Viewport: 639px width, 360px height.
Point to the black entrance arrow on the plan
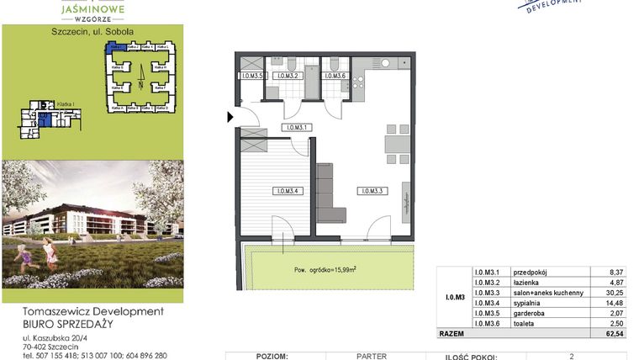230,118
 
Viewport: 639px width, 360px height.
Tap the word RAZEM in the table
452,335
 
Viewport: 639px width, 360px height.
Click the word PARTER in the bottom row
371,356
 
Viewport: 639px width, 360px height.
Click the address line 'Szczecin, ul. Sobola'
92,31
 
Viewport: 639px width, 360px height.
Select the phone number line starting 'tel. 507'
95,356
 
